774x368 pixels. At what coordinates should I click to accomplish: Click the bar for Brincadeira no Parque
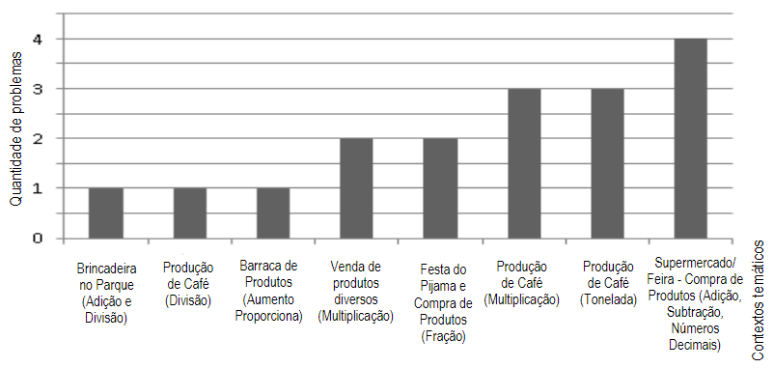coord(105,212)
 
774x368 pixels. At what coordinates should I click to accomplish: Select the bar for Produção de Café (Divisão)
coord(189,212)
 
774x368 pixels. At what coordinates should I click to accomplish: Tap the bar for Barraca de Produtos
coord(273,212)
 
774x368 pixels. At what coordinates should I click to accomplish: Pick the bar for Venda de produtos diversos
coord(356,188)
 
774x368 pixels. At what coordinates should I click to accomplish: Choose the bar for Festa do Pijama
coord(440,188)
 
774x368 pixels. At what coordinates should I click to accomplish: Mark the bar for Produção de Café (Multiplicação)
coord(524,163)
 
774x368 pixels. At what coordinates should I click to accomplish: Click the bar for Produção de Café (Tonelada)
coord(607,163)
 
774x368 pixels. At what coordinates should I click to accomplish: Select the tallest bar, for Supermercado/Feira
coord(691,138)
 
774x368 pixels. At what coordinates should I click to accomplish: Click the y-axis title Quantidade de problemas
coord(15,129)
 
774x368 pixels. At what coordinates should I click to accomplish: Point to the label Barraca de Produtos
coord(269,290)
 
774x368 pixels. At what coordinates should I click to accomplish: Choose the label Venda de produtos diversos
coord(355,290)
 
